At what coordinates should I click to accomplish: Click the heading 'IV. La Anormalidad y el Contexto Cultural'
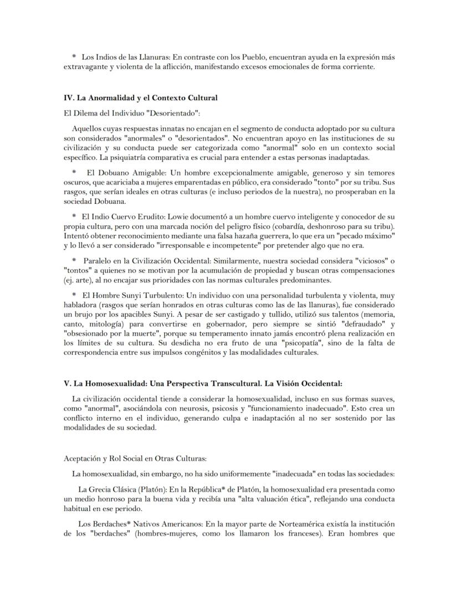140,98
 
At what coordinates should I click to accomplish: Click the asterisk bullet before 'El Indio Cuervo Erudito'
74,216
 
